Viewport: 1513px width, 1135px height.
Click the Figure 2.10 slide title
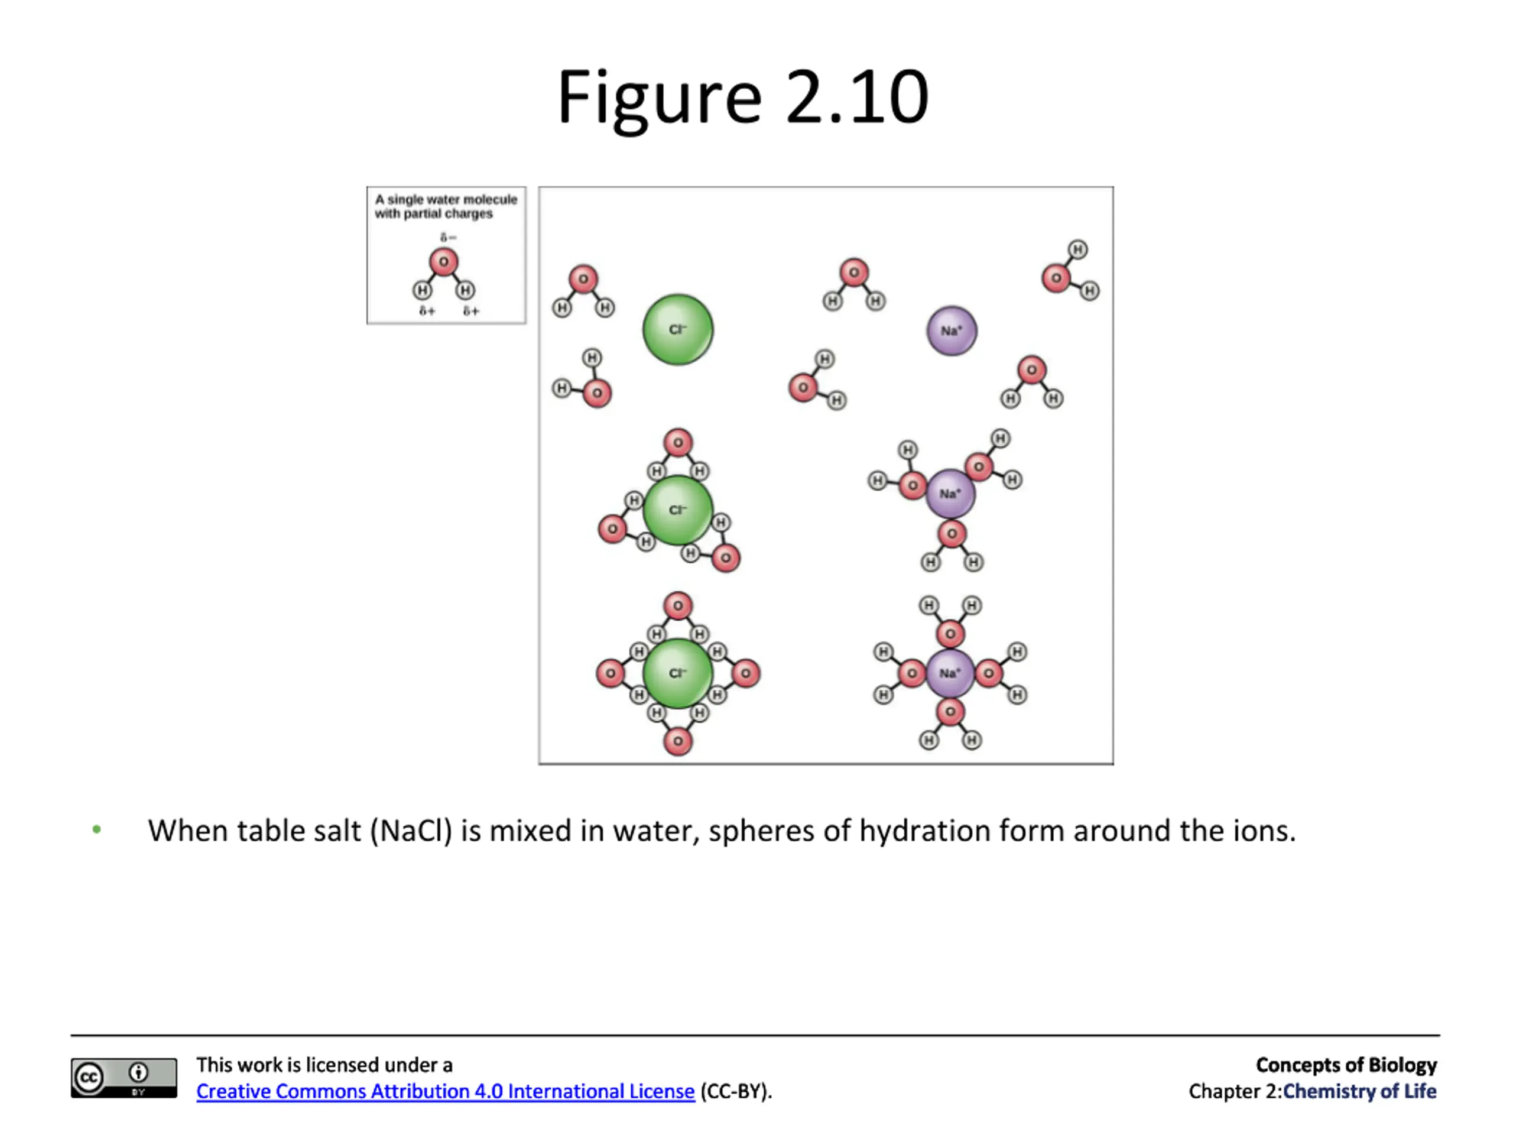tap(743, 97)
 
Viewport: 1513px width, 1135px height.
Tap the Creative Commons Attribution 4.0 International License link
tap(445, 1091)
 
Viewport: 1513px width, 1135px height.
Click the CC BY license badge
tap(124, 1078)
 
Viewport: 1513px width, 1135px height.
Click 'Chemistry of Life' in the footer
tap(1359, 1091)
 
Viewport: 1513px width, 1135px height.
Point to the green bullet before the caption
tap(97, 830)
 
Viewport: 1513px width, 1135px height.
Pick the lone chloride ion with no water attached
tap(678, 330)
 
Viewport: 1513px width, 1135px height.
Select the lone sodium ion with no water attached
tap(952, 331)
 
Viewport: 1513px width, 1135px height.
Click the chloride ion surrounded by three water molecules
tap(678, 510)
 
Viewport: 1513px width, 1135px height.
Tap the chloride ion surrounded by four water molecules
tap(678, 673)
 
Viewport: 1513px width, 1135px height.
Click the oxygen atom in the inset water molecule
tap(443, 262)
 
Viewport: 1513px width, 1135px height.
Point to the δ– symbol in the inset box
tap(448, 238)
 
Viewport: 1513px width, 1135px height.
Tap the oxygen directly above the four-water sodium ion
tap(950, 634)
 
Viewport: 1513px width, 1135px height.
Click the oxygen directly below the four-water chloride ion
tap(678, 741)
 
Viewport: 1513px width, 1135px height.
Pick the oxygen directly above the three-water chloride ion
tap(678, 443)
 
